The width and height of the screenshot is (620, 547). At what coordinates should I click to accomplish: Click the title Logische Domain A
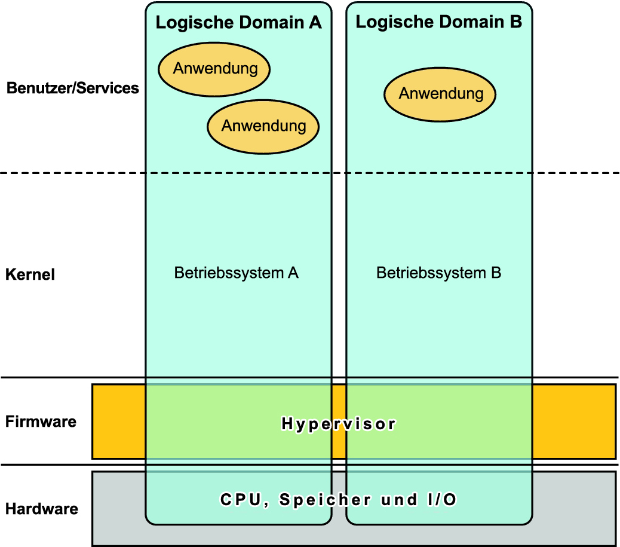pos(238,23)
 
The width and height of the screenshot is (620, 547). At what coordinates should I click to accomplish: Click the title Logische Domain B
pos(438,22)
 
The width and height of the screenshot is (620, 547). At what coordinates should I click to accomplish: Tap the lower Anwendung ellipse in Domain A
pos(263,126)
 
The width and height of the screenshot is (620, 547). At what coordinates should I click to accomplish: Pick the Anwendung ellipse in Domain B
pos(440,94)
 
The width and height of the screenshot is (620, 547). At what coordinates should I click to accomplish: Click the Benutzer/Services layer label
pos(72,88)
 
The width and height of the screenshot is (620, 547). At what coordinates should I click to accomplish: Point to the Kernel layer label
pos(30,275)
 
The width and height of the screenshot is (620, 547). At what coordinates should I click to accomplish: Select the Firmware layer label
pos(41,421)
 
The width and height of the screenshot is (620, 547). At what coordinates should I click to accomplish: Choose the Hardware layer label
pos(41,509)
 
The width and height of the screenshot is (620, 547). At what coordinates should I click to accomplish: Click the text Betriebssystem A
pos(236,273)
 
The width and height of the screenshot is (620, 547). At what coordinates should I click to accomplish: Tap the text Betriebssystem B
pos(438,273)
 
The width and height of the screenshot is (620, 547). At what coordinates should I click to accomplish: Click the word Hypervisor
pos(339,424)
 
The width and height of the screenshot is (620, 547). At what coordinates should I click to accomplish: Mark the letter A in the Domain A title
pos(315,23)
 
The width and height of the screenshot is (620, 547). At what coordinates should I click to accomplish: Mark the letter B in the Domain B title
pos(515,22)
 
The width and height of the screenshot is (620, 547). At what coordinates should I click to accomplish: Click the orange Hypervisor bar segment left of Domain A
pos(118,421)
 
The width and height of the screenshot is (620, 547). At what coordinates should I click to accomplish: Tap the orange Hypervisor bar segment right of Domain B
pos(573,421)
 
